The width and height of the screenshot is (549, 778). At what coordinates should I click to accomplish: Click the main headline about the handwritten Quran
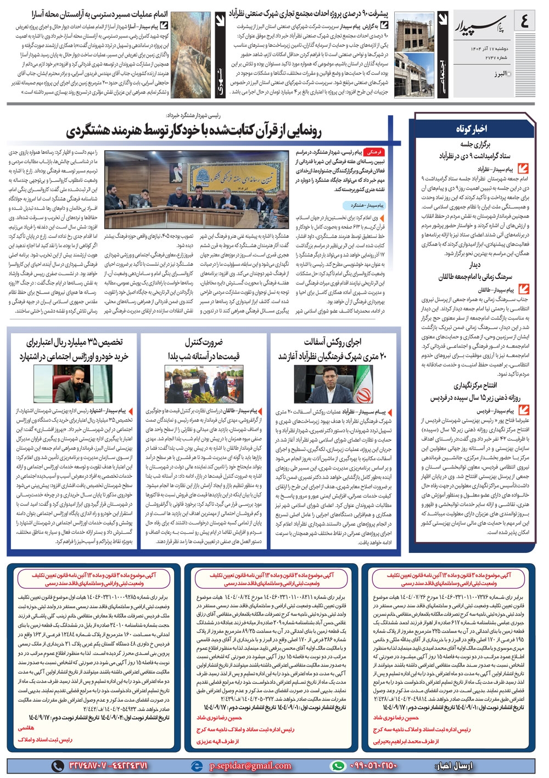click(194, 131)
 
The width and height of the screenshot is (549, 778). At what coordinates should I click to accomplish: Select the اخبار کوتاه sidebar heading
click(472, 128)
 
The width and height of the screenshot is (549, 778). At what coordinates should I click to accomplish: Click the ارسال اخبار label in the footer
click(453, 765)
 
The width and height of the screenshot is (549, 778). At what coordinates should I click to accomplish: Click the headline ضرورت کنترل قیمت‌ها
click(204, 349)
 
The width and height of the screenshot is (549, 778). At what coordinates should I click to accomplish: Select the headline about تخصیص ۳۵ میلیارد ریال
click(74, 349)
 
